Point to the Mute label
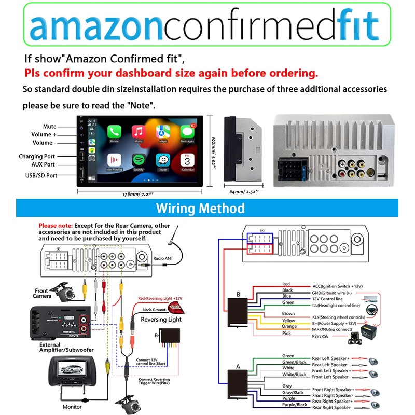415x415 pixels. point(50,126)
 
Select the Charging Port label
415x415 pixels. point(37,156)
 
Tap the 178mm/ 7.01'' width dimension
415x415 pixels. point(140,194)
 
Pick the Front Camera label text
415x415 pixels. point(43,293)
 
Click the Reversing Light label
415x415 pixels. point(161,319)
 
